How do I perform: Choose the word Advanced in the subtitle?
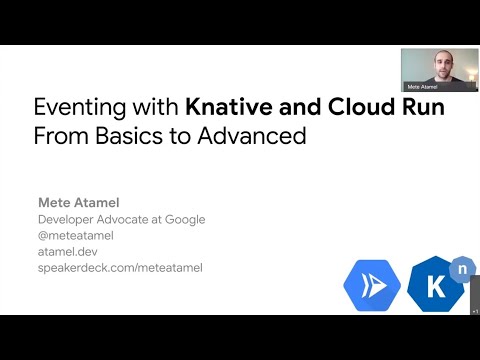click(x=250, y=135)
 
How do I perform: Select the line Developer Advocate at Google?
click(x=121, y=220)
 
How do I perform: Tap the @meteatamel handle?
click(x=76, y=236)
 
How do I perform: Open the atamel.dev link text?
click(x=68, y=252)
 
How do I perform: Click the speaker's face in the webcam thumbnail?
click(x=439, y=66)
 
